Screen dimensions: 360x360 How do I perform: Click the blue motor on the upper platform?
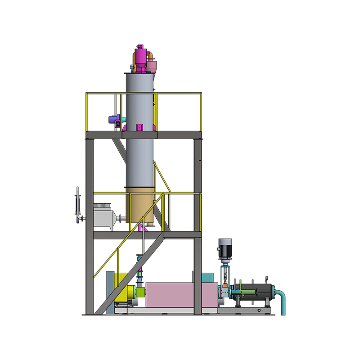point(114,120)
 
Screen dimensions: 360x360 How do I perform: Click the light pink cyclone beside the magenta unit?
point(153,67)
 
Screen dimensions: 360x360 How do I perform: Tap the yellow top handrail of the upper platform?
point(144,94)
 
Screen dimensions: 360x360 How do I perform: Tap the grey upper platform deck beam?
point(144,135)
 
